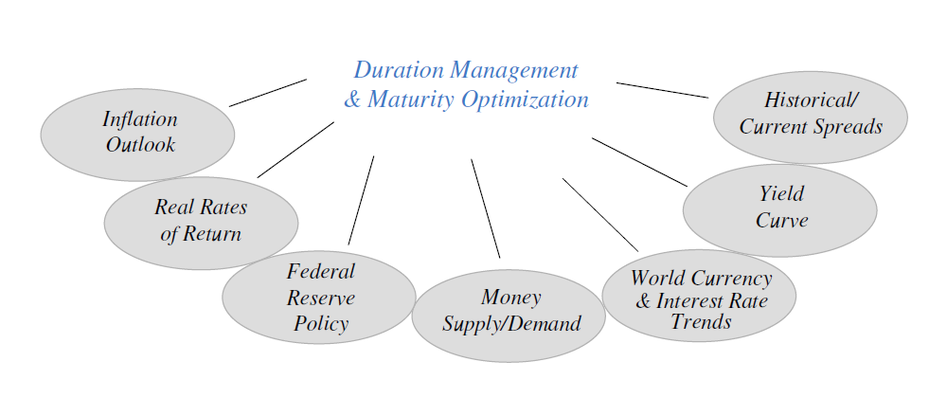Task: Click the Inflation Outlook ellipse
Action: pos(137,135)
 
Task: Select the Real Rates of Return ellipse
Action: pos(201,223)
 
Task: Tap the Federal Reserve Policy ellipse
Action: pos(319,298)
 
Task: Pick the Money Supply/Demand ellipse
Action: pos(509,316)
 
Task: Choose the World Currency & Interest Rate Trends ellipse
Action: pos(699,296)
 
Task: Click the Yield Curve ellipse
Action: pos(779,210)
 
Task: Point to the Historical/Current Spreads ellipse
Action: pos(811,118)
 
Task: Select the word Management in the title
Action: pos(514,71)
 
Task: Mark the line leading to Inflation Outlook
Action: pos(268,93)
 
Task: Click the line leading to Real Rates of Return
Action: pos(295,150)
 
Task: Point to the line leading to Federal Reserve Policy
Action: pos(361,200)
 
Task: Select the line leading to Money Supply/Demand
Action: pos(486,208)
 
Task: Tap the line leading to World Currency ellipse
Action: pos(600,215)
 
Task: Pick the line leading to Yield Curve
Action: pos(639,162)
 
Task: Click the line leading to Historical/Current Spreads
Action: pos(663,90)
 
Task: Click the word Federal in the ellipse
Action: pos(321,271)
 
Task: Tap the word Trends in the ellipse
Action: pos(701,321)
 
